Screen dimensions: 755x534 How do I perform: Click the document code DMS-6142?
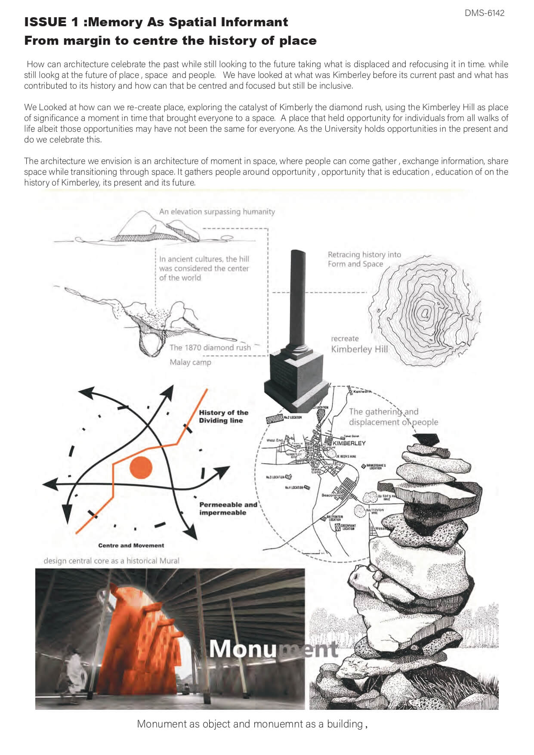click(484, 13)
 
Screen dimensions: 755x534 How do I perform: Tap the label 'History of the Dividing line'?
click(223, 416)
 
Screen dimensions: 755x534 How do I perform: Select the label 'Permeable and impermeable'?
click(228, 508)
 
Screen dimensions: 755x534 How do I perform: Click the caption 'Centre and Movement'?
click(131, 545)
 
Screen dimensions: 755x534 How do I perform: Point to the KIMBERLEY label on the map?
click(349, 443)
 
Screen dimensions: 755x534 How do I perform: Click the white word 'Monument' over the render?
click(273, 649)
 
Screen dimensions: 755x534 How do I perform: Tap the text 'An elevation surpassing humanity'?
click(217, 211)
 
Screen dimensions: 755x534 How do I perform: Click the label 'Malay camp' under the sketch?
click(190, 362)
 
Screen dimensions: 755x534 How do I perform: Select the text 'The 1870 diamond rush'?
click(210, 347)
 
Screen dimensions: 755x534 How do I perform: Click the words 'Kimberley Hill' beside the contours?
click(359, 349)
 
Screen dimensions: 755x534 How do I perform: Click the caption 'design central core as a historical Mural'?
click(111, 561)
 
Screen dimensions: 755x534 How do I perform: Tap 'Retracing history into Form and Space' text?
click(364, 259)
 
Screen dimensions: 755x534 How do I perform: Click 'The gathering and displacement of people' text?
click(393, 417)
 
